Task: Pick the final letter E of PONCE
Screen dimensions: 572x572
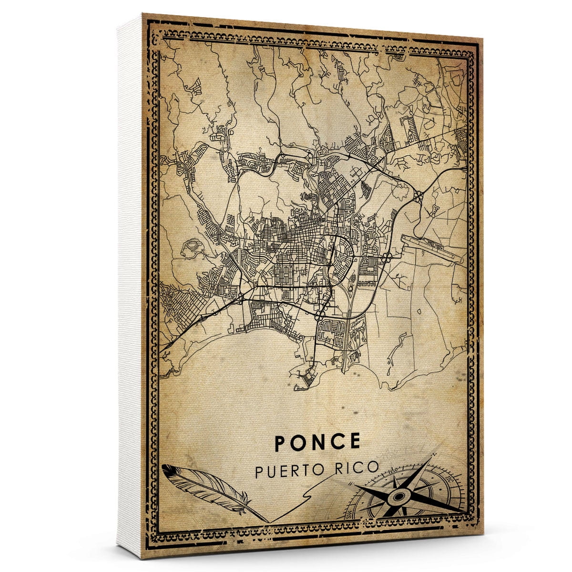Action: [354, 441]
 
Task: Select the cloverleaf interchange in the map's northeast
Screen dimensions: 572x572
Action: [419, 195]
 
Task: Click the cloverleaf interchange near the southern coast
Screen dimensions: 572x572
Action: [319, 315]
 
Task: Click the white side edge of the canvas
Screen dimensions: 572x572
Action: [130, 286]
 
